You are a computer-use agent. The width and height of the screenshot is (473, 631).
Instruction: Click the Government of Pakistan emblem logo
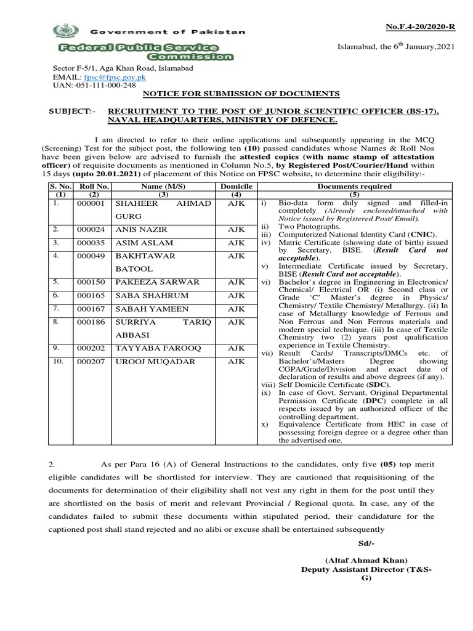(x=62, y=30)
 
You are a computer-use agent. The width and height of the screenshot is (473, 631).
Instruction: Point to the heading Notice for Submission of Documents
(x=241, y=93)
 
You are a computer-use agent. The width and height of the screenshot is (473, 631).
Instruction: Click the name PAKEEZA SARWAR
(x=153, y=282)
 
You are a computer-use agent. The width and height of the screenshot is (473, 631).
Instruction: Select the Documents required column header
(x=354, y=185)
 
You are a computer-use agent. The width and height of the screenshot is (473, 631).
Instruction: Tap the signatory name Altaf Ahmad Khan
(x=366, y=561)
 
